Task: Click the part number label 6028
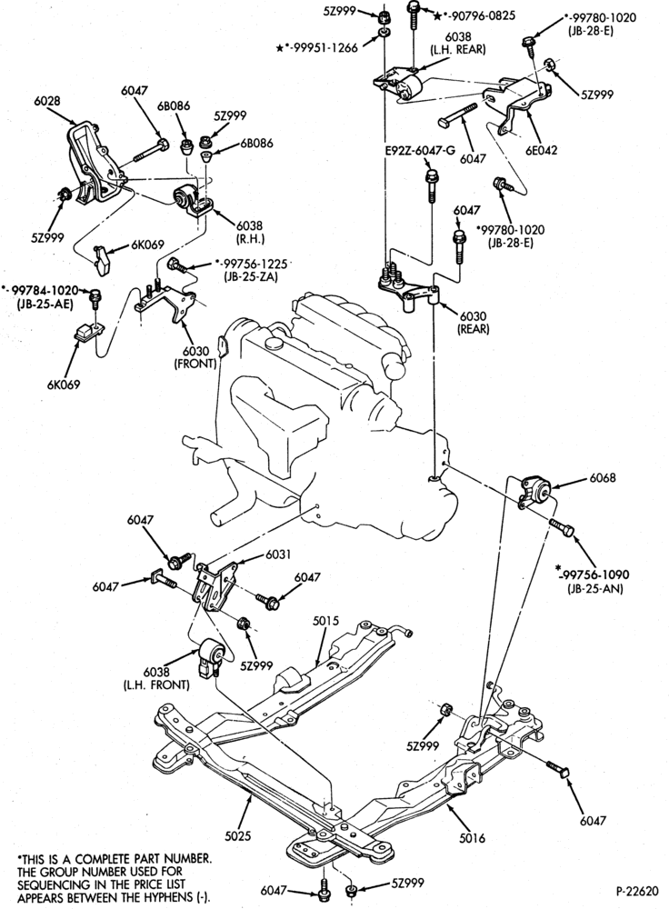(47, 101)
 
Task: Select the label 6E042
(542, 150)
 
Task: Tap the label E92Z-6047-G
(420, 151)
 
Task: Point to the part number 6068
(603, 478)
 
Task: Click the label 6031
(279, 554)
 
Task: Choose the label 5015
(325, 621)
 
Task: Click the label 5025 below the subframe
(238, 836)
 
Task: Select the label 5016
(472, 838)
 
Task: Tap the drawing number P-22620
(637, 890)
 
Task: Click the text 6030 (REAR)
(474, 323)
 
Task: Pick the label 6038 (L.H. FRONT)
(156, 678)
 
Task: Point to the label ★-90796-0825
(474, 15)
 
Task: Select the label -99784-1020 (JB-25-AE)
(39, 295)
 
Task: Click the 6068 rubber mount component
(535, 492)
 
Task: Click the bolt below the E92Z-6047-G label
(432, 186)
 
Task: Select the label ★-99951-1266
(317, 48)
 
